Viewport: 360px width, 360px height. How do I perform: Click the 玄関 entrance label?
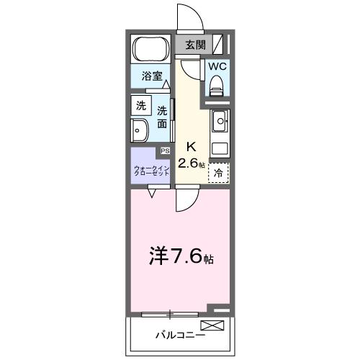click(194, 45)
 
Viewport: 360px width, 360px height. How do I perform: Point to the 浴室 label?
click(150, 75)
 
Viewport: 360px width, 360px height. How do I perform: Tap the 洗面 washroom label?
click(162, 117)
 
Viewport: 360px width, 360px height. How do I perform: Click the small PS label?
click(165, 151)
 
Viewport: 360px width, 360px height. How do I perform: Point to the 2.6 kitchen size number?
click(189, 163)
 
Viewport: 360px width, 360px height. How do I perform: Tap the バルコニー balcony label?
click(180, 336)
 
